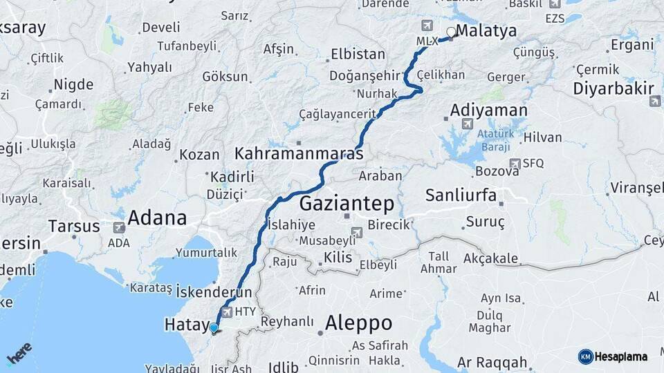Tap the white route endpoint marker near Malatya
[452, 31]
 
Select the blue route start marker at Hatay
[214, 328]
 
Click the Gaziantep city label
[347, 204]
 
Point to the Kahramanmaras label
[299, 153]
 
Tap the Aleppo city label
[358, 323]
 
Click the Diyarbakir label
[613, 88]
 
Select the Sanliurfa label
[461, 195]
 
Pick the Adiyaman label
[488, 111]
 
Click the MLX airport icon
[426, 26]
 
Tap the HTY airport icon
[225, 312]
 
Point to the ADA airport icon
[118, 227]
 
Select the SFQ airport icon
[514, 164]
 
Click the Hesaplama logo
[613, 356]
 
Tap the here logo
[19, 354]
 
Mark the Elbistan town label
[358, 54]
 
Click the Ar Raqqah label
[492, 363]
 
